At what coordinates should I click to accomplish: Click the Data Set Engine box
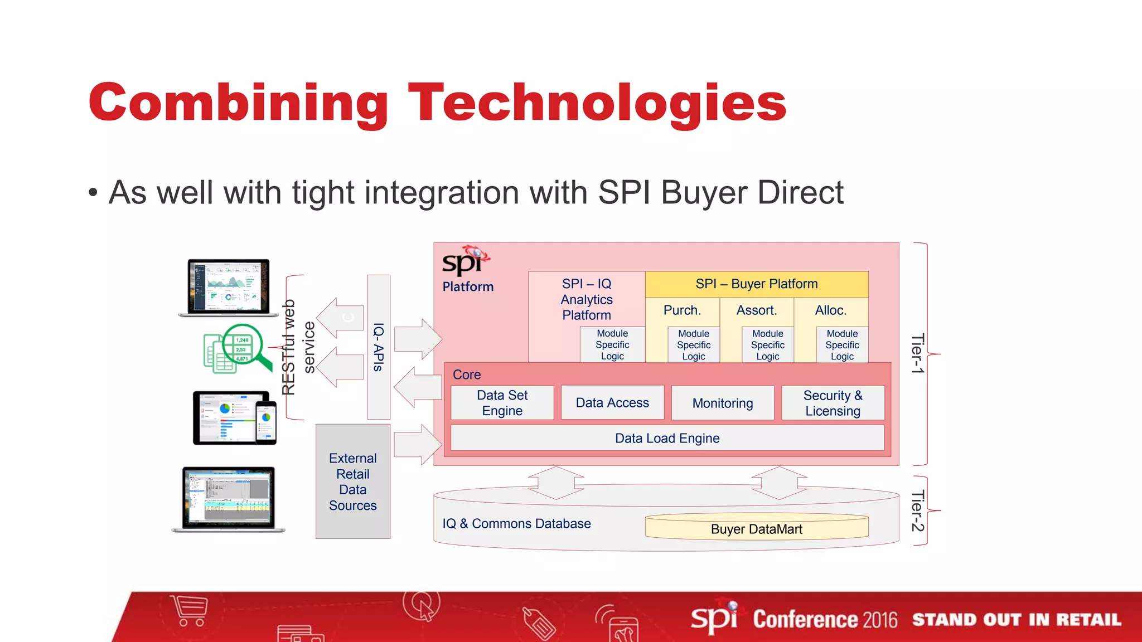click(x=502, y=403)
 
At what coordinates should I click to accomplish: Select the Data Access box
click(x=612, y=403)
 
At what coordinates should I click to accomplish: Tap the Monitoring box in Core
click(x=723, y=403)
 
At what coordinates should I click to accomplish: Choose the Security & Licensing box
click(x=833, y=403)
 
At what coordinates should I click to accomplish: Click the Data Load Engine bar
click(x=667, y=439)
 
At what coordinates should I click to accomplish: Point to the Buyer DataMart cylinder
click(x=756, y=528)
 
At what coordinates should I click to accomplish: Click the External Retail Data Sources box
click(x=353, y=481)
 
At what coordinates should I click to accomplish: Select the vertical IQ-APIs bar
click(x=379, y=347)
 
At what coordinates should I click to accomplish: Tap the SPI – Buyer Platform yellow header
click(x=756, y=284)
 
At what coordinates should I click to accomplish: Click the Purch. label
click(x=682, y=310)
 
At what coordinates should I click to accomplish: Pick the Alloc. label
click(x=830, y=310)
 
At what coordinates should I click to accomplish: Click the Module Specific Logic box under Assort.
click(x=767, y=345)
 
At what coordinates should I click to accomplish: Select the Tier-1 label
click(x=918, y=353)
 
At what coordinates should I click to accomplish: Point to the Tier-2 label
click(x=918, y=510)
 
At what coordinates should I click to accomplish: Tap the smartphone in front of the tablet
click(x=266, y=422)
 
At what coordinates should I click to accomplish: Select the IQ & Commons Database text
click(x=516, y=524)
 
